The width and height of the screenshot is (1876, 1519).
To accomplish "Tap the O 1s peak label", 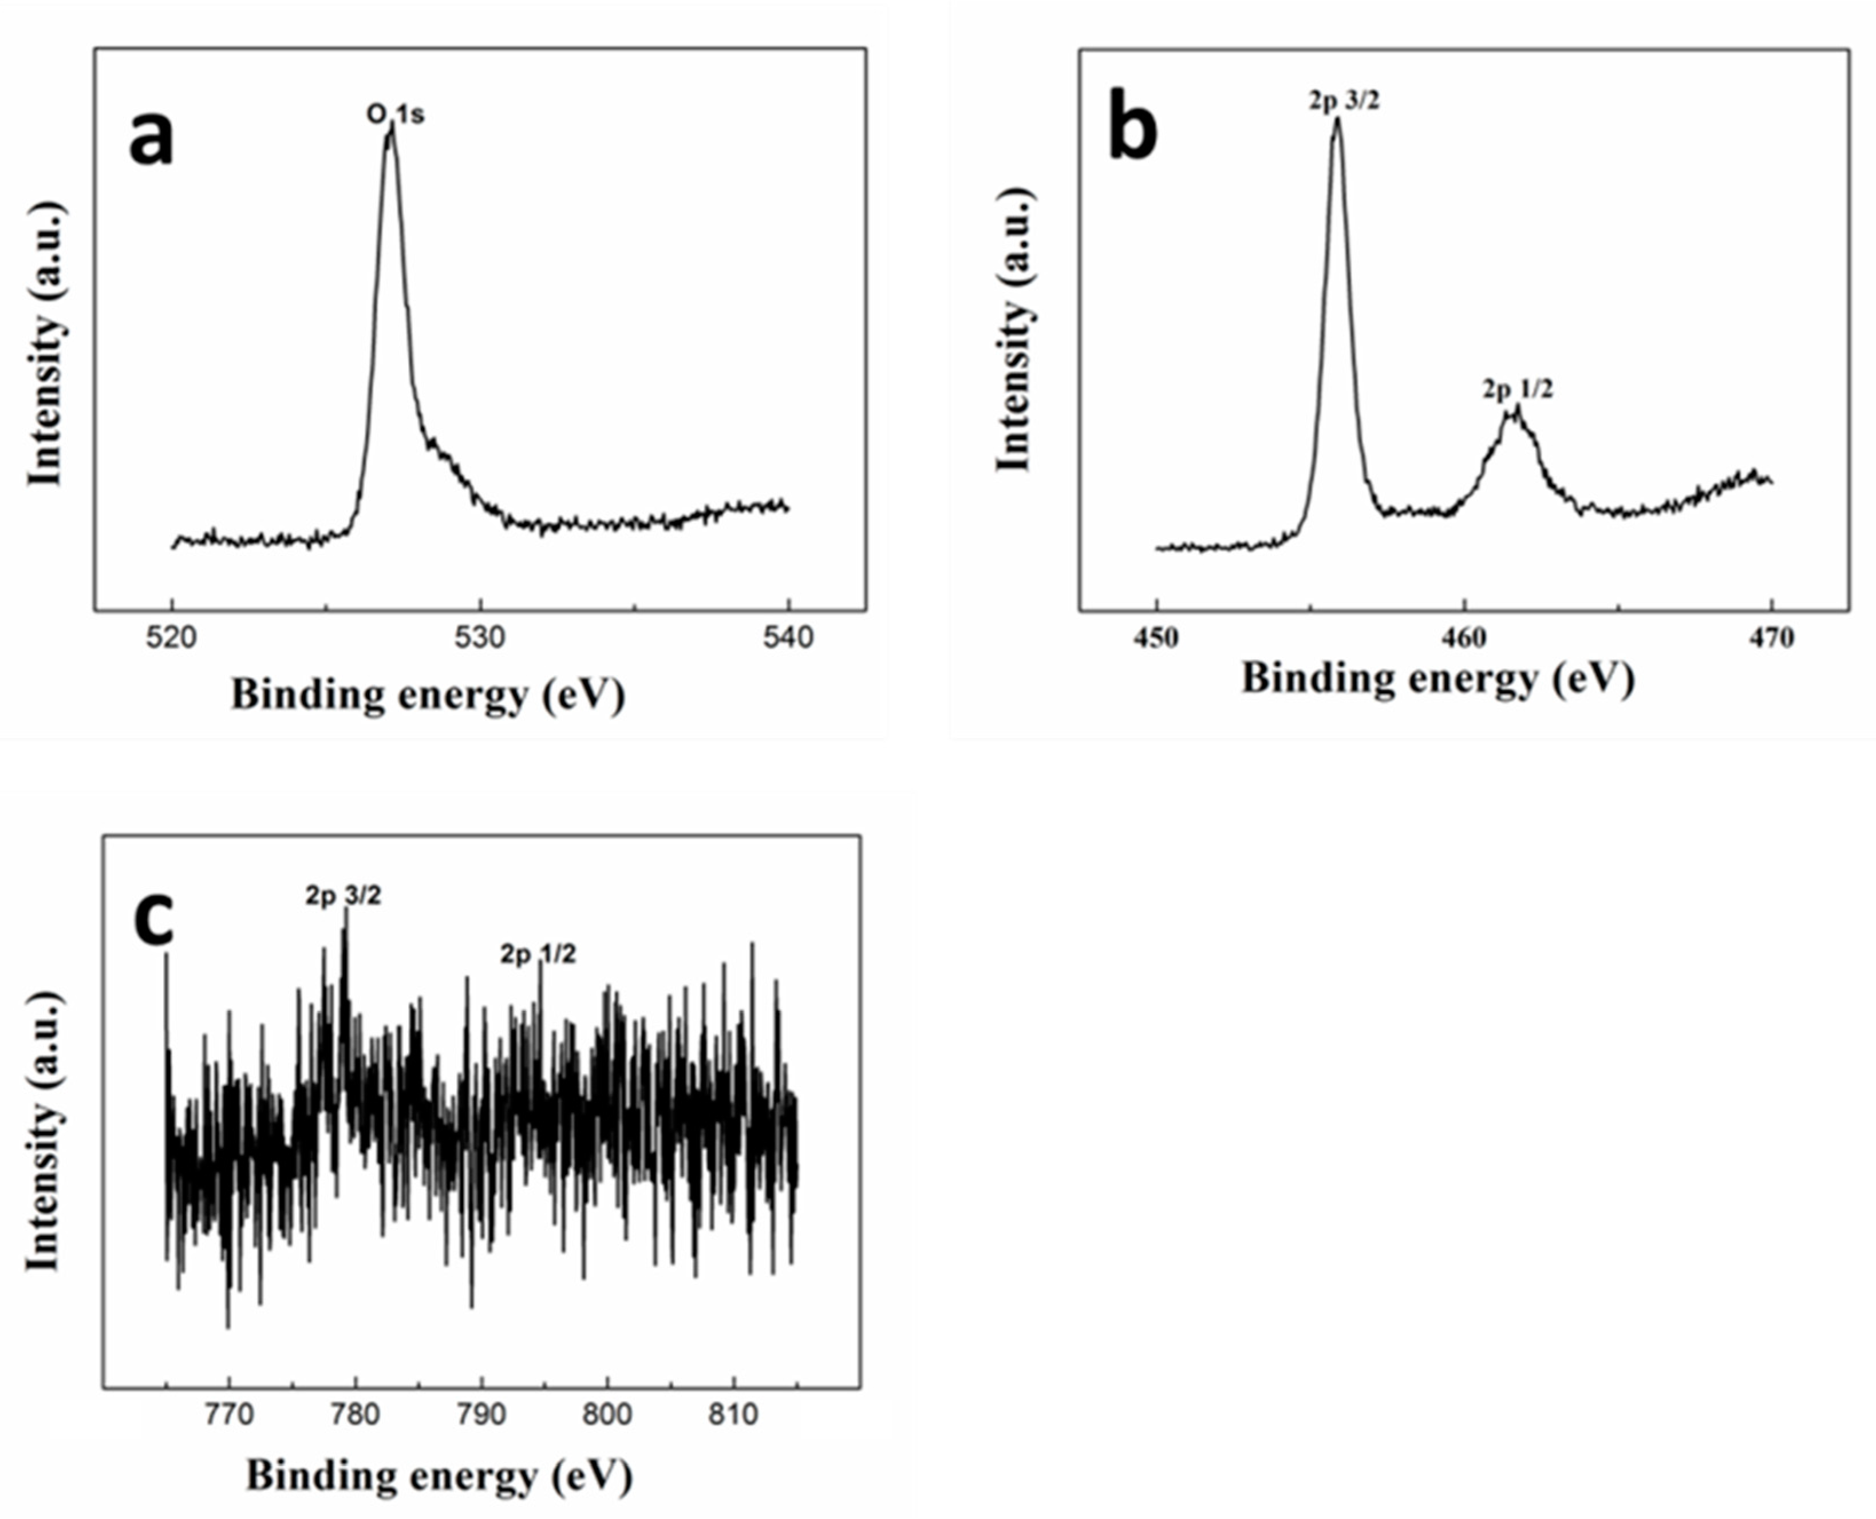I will (396, 114).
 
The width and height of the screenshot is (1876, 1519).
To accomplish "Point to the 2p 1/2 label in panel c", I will (538, 954).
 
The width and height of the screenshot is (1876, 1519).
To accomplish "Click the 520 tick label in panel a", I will (172, 638).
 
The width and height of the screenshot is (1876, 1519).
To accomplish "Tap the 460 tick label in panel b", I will (1464, 638).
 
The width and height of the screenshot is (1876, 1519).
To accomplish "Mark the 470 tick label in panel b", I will (1772, 638).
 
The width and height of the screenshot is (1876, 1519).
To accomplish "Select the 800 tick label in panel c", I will (607, 1415).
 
